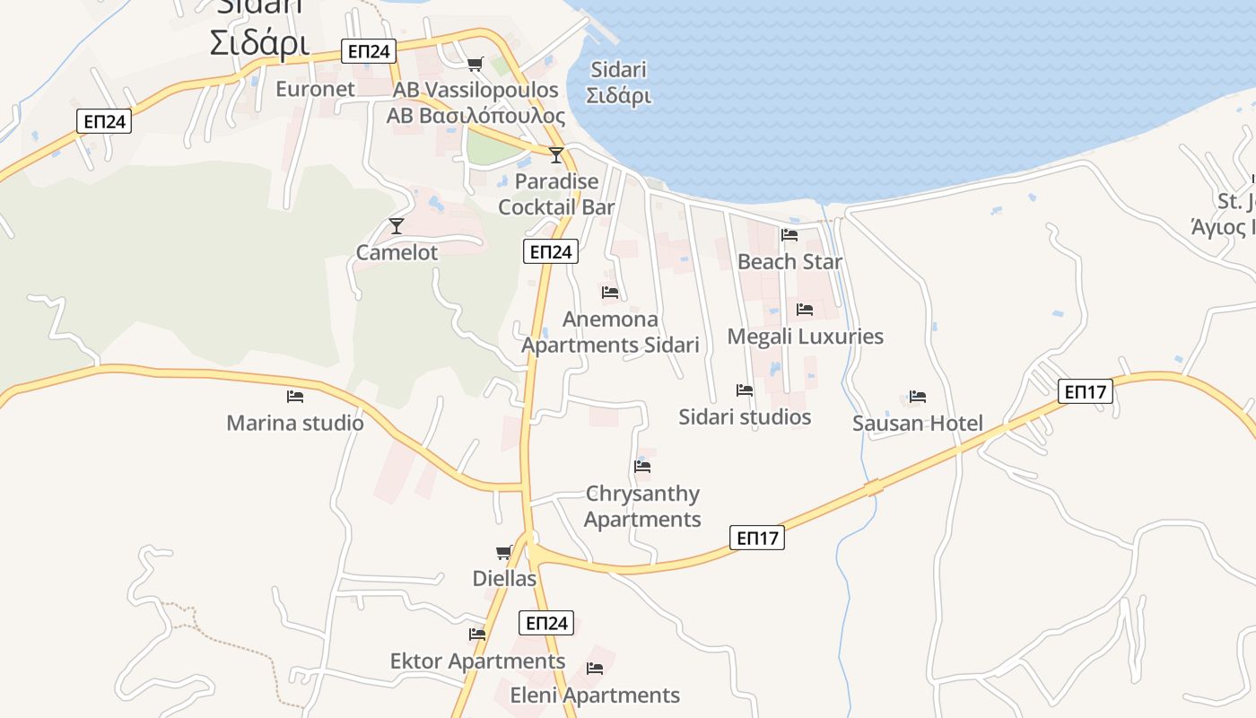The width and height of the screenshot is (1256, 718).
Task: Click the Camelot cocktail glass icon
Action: pos(397,225)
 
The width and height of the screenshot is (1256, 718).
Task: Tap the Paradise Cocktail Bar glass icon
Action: pos(556,155)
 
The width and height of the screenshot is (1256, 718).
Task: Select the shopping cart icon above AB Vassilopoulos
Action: pos(475,64)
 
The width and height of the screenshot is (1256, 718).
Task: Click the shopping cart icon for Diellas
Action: pos(503,552)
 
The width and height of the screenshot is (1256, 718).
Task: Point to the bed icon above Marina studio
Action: pos(295,396)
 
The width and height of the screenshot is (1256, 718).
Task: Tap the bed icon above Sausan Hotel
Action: pos(917,396)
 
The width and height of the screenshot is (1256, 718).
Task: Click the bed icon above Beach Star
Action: pos(789,235)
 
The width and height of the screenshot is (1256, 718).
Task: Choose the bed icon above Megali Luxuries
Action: pos(805,310)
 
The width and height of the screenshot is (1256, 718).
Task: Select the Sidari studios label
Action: pos(745,417)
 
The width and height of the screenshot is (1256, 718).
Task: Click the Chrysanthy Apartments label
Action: pos(642,506)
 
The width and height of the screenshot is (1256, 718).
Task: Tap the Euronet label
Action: pos(315,89)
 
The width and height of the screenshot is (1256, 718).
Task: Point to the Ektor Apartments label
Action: pos(477,661)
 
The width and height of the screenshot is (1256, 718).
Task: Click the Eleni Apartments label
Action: pos(595,696)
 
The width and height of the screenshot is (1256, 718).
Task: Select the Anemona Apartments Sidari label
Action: pos(610,332)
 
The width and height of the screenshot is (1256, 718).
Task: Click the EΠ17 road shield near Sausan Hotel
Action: pos(1085,391)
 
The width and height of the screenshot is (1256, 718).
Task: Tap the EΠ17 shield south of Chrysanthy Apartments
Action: pos(757,538)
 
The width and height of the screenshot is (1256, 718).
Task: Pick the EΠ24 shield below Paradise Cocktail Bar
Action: pos(550,252)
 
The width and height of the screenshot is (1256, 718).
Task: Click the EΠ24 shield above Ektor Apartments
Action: pos(545,623)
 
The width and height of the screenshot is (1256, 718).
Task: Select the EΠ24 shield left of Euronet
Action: pos(104,121)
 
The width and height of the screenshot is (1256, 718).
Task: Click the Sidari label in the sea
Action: pos(619,83)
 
